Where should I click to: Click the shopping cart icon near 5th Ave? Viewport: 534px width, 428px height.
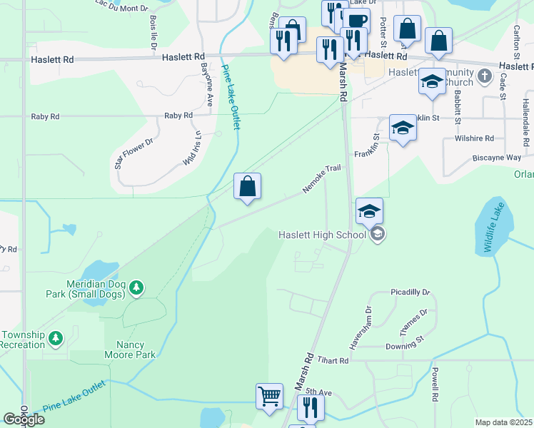pos(269,396)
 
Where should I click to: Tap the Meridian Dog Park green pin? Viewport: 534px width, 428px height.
pos(136,288)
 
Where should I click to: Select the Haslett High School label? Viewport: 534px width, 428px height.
pos(321,235)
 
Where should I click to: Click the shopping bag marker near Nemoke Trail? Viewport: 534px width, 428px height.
pos(247,187)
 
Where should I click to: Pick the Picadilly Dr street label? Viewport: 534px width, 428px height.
pos(410,292)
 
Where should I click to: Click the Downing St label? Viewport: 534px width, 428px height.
pos(405,347)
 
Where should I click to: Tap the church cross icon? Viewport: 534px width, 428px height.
pos(484,76)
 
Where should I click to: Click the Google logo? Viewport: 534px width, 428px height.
pos(23,419)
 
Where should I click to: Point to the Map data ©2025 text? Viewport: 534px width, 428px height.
pos(503,422)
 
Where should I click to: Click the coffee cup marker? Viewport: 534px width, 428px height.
pos(358,21)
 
